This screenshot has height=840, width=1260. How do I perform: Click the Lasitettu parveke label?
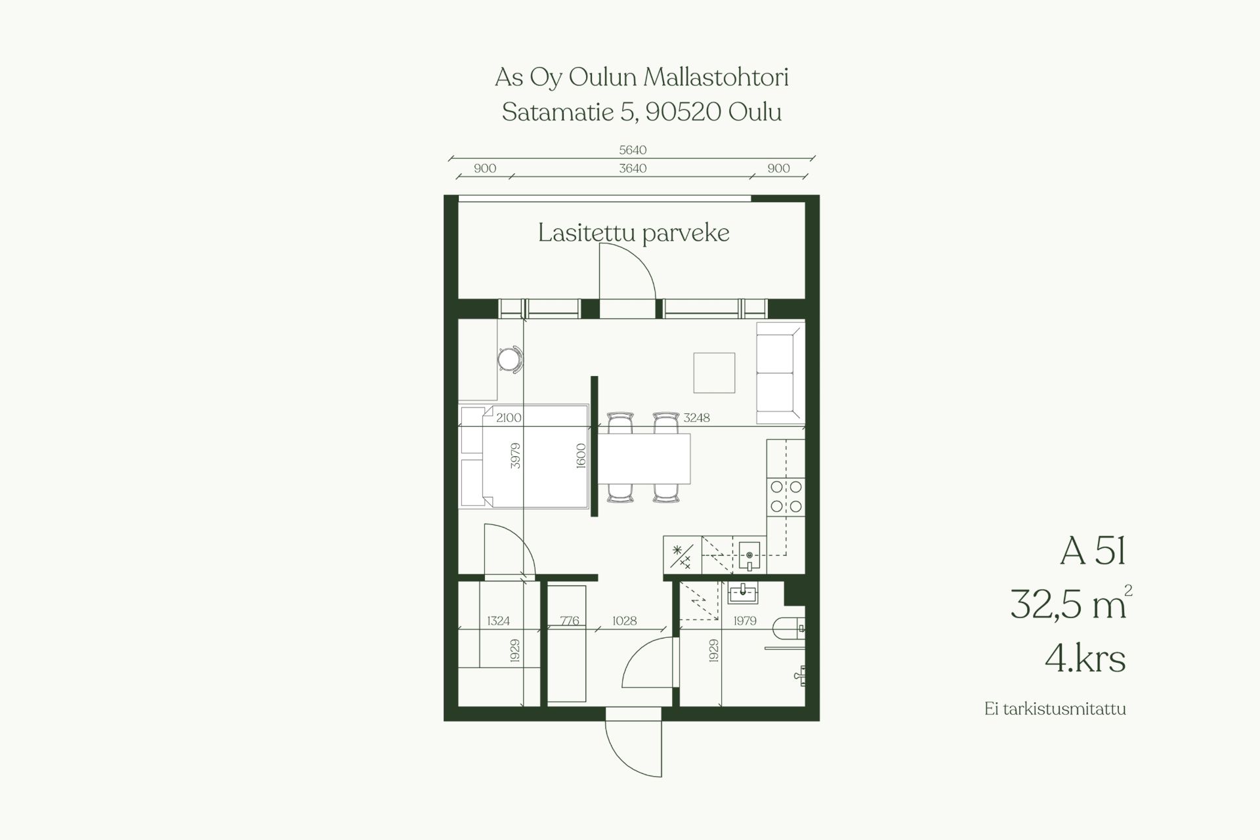point(633,233)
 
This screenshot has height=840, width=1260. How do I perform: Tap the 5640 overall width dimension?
point(633,150)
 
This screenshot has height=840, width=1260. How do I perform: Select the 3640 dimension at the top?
point(633,169)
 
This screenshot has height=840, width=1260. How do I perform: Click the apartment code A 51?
point(1093,551)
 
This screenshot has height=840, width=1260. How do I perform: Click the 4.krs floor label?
point(1085,658)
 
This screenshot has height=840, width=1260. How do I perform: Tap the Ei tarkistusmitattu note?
point(1055,709)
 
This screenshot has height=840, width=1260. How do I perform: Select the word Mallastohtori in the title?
point(716,77)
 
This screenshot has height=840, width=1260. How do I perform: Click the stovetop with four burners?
point(786,496)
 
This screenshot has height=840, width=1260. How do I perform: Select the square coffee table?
point(714,373)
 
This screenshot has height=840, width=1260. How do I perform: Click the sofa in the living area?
point(780,373)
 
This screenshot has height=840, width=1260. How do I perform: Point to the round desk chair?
point(509,360)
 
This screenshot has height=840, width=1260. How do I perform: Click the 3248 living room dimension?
point(696,417)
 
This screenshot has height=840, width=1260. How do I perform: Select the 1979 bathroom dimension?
point(745,621)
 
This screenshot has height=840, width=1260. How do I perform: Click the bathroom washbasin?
point(743,593)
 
